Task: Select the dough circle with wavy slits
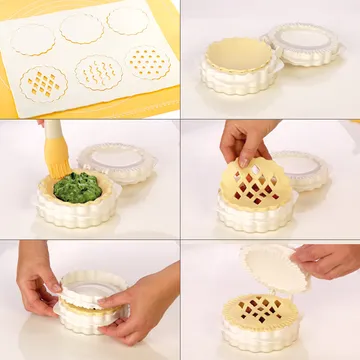tap(97, 71)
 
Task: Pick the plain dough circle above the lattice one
tap(33, 37)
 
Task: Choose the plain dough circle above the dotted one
tap(128, 19)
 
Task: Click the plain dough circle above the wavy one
tap(81, 27)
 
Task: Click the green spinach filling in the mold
tap(74, 187)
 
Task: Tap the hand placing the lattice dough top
tap(243, 140)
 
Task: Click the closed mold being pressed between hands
tap(90, 300)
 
